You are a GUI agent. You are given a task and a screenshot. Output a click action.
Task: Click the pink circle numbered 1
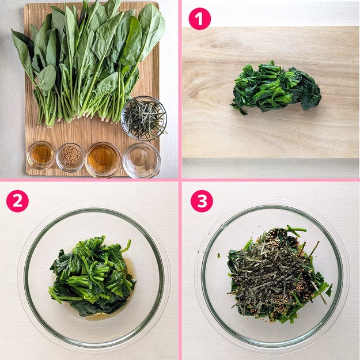coord(199,18)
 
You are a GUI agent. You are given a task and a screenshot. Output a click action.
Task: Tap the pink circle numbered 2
coord(17,201)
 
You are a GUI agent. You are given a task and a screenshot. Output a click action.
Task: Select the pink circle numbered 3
coord(202,201)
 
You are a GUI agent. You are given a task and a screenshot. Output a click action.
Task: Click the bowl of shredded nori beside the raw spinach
coord(144,118)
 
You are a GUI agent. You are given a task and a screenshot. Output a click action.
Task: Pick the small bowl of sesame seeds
coord(70,157)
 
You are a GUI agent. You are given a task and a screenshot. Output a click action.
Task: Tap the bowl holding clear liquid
coord(142,160)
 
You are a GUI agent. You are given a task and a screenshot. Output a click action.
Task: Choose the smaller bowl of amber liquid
coord(41,155)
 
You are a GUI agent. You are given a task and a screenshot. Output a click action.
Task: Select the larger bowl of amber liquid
coord(103,160)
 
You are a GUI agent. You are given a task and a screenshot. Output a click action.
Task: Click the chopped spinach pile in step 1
coord(275,87)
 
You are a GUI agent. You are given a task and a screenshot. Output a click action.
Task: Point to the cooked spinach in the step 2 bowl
coord(92,275)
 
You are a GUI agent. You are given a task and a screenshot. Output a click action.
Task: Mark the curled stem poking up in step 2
coord(127,246)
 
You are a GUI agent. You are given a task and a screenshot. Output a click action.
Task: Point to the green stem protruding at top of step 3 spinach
coord(296,230)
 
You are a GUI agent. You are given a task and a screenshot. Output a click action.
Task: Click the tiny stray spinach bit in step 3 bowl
coord(219,255)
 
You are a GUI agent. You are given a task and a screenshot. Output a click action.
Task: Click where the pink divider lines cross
coord(180,180)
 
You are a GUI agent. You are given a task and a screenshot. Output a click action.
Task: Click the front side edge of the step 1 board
coord(271,165)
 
